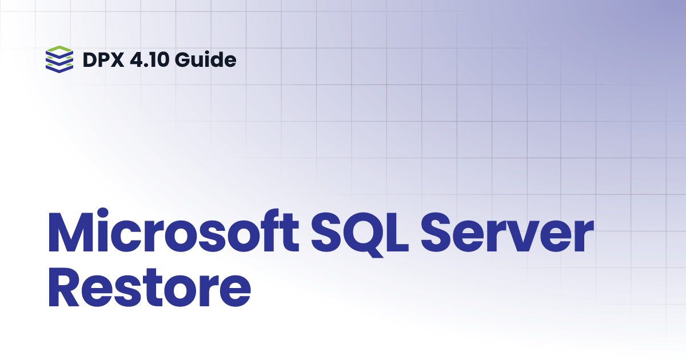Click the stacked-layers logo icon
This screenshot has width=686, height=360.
59,59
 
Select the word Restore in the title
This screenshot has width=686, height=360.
150,290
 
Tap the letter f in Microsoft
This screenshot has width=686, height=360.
261,236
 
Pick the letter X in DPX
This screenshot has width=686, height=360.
118,59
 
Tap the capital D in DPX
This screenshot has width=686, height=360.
90,59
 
